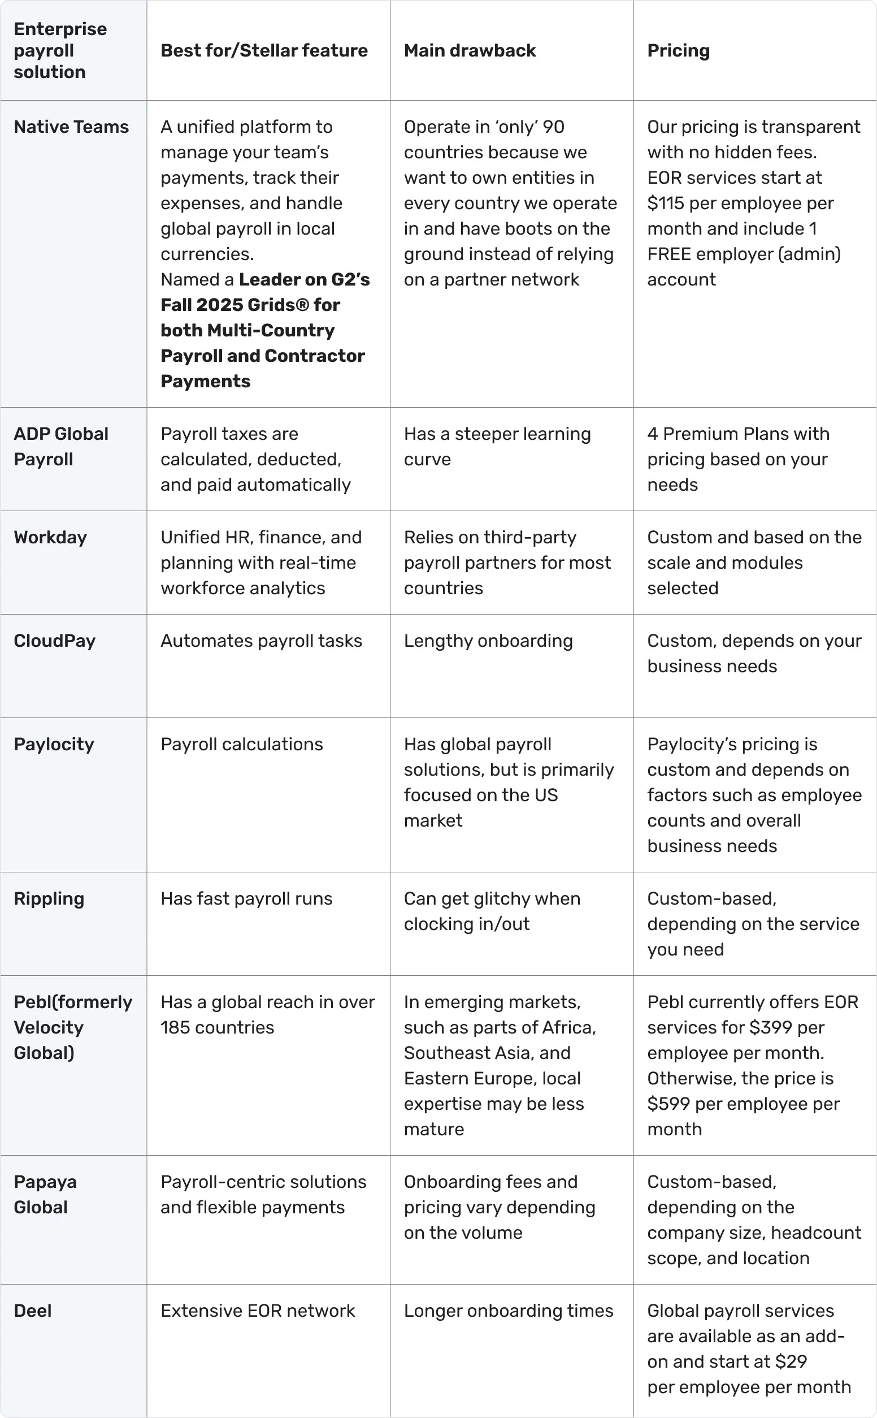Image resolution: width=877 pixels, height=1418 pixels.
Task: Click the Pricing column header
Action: pos(678,50)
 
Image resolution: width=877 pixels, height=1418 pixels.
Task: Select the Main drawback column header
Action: pos(469,50)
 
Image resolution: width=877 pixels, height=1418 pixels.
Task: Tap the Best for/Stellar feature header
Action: pos(264,50)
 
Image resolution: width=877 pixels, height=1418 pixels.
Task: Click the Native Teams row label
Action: pos(71,127)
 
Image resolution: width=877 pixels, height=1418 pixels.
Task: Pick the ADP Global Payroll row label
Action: pos(61,446)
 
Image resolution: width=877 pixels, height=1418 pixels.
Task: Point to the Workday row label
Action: pos(50,537)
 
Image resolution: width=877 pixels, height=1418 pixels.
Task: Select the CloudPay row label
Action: pos(54,641)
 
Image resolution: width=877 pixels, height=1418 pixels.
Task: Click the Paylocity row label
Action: pos(54,744)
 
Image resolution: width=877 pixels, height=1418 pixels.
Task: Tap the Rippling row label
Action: pos(49,898)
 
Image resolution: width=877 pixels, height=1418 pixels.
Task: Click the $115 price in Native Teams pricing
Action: pos(666,203)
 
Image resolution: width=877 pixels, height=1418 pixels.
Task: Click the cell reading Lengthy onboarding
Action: pos(488,641)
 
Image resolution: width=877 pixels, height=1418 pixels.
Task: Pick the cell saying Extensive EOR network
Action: pos(258,1310)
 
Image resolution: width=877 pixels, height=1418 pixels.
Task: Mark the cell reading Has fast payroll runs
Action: pos(246,898)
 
